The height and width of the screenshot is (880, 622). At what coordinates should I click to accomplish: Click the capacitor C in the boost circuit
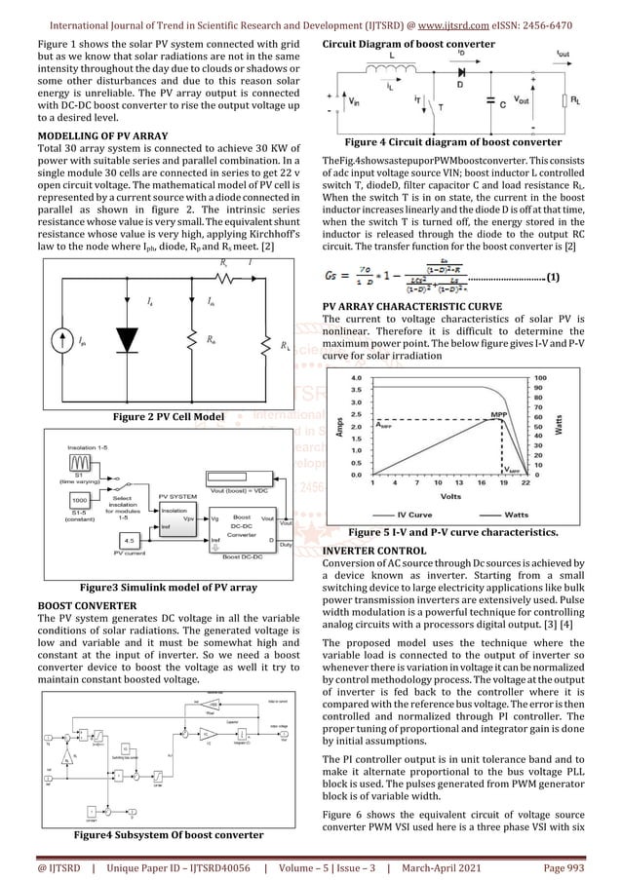514,100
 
